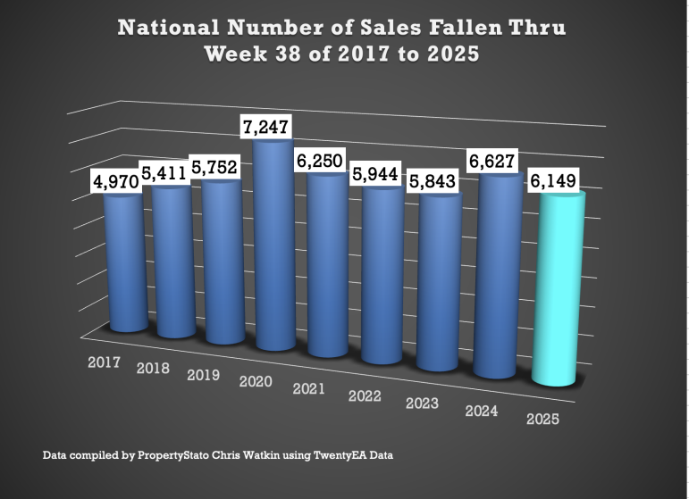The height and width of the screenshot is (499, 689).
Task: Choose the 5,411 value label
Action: [165, 173]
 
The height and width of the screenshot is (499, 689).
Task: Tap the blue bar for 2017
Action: [125, 263]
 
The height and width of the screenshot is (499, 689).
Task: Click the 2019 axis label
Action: [205, 375]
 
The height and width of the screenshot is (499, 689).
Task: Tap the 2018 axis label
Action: [154, 368]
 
